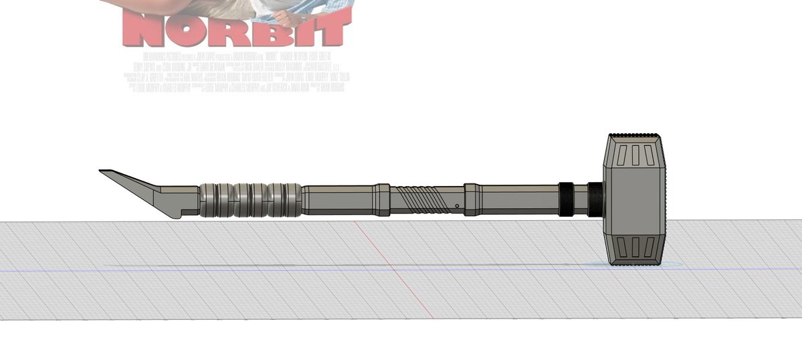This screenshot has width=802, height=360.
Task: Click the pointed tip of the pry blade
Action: point(101,171)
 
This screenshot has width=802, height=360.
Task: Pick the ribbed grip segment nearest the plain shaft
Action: point(285,199)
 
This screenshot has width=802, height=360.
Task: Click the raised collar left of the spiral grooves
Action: point(382,198)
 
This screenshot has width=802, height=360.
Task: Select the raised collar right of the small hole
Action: point(473,198)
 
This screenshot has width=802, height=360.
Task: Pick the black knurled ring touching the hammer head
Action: point(595,199)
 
